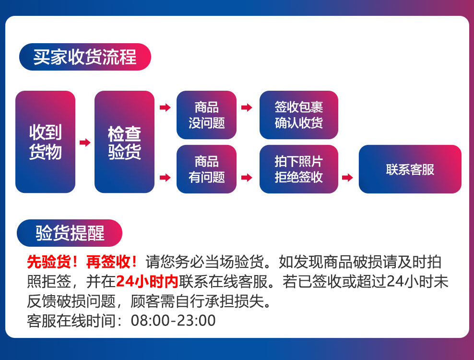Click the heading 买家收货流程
tap(85, 57)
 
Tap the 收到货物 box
tap(46, 142)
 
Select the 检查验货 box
tap(124, 142)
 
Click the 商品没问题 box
tap(206, 115)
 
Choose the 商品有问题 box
tap(206, 169)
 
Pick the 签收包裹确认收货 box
tap(299, 115)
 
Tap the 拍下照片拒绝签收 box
tap(299, 169)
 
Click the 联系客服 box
tap(410, 169)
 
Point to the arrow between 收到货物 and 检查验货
tap(85, 142)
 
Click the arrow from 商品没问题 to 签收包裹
tap(247, 107)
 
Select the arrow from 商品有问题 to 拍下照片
tap(247, 177)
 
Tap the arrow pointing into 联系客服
tap(347, 177)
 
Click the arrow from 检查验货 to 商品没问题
tap(165, 107)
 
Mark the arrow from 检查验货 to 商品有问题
tap(165, 177)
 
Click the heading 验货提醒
tap(70, 233)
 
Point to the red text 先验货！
tap(52, 262)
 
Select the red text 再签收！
tap(112, 262)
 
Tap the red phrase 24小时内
tap(147, 282)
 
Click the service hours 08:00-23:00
tap(173, 321)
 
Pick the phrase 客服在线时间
tap(71, 321)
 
